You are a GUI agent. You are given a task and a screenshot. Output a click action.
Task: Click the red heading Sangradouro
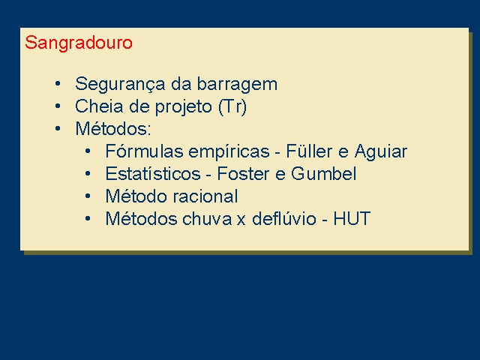(79, 43)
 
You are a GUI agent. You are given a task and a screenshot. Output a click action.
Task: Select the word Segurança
(120, 85)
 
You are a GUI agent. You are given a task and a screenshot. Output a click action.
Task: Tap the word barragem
(237, 85)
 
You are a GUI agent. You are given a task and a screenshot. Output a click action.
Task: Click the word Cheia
(99, 106)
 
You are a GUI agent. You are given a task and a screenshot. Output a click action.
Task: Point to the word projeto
(184, 107)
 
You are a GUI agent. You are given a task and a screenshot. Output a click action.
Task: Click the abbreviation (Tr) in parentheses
(232, 107)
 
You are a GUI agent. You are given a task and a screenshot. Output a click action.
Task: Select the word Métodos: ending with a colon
(113, 128)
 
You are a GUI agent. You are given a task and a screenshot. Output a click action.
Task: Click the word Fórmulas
(143, 151)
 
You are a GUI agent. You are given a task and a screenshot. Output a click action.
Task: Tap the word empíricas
(229, 152)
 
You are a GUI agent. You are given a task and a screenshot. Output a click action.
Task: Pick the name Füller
(309, 151)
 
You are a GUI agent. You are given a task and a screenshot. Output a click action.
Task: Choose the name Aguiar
(381, 152)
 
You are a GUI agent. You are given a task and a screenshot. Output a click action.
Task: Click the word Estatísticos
(153, 173)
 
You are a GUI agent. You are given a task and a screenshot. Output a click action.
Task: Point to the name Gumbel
(323, 173)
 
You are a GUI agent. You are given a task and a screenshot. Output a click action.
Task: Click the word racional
(205, 196)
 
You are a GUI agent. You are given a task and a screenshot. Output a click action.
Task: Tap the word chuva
(207, 219)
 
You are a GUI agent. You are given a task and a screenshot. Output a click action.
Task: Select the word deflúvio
(283, 219)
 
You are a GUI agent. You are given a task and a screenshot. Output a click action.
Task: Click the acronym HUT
(352, 219)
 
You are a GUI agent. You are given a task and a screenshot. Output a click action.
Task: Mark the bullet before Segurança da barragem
(58, 83)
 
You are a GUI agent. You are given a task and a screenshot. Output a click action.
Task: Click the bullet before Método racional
(88, 196)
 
